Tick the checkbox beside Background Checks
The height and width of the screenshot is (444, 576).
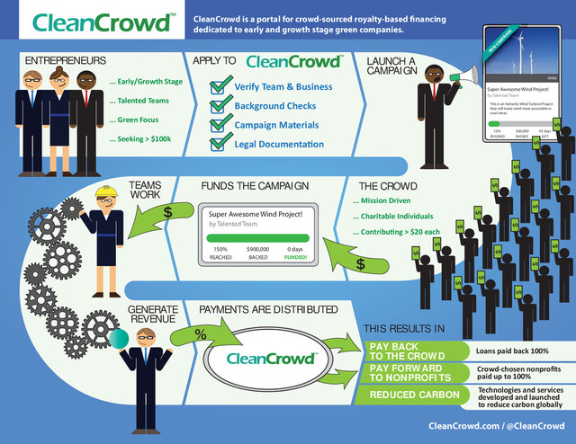click(219, 107)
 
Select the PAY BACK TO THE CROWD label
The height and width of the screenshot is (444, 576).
click(408, 353)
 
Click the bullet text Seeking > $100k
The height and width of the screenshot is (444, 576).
click(137, 138)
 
